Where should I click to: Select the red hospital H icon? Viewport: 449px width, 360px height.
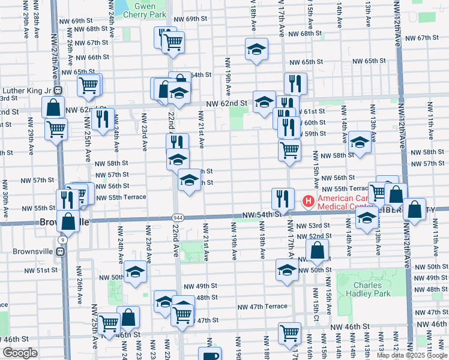tap(309, 200)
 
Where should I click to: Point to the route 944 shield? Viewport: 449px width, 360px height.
tap(179, 217)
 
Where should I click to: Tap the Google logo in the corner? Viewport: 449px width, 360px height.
tap(20, 353)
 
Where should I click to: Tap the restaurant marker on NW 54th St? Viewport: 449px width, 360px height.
tap(282, 198)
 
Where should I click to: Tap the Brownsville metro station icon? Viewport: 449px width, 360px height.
tap(60, 251)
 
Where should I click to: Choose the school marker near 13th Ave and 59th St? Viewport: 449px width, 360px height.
tap(360, 142)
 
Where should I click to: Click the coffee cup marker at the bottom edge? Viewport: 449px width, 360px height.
tap(209, 355)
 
